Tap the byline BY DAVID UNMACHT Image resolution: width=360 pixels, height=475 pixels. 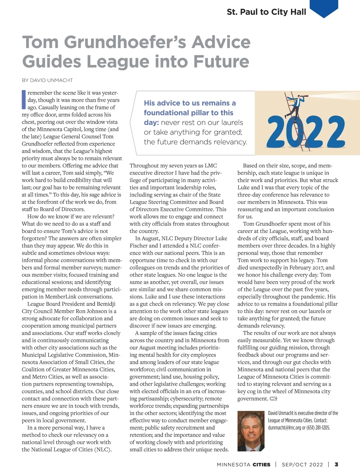pos(47,80)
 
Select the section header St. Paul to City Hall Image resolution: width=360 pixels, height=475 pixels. pos(266,12)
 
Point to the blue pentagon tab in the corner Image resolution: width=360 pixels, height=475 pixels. pos(324,8)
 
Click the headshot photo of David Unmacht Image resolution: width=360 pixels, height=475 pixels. pos(251,431)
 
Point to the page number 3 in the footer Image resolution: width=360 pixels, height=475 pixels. pos(336,464)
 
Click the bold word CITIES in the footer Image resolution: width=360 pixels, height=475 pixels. pos(261,465)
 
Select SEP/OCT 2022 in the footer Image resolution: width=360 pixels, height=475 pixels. pos(302,465)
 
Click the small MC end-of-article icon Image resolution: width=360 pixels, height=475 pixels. pos(273,399)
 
